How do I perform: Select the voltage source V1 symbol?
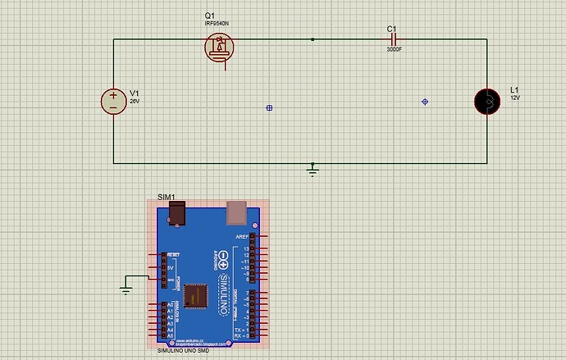[x=113, y=101]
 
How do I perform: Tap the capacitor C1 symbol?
[x=393, y=39]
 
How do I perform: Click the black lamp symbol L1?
[x=488, y=101]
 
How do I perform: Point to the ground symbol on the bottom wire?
[x=312, y=170]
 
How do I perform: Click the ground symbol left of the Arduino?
[x=126, y=288]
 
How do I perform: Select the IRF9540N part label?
[x=217, y=24]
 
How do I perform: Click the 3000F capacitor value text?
[x=395, y=49]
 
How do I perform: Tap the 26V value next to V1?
[x=135, y=101]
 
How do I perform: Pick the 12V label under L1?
[x=515, y=98]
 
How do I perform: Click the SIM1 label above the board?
[x=166, y=198]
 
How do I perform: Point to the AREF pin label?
[x=242, y=236]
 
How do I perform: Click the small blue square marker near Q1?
[x=269, y=107]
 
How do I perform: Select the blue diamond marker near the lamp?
[x=424, y=102]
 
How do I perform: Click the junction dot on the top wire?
[x=313, y=39]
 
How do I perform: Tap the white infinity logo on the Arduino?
[x=223, y=261]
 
